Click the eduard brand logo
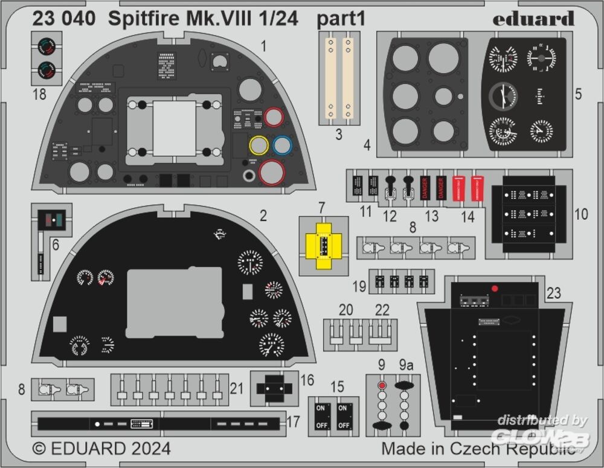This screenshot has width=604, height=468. [x=533, y=19]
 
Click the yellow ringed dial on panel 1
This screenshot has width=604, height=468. [x=259, y=146]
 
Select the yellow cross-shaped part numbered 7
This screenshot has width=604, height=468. [x=324, y=245]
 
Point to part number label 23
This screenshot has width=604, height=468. [x=553, y=293]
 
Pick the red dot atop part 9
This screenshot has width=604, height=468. [x=381, y=385]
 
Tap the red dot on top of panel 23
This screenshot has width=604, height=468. [x=495, y=288]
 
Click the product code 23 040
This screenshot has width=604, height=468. [x=63, y=19]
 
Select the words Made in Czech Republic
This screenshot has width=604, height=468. [x=477, y=449]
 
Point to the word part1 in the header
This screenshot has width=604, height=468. [x=341, y=19]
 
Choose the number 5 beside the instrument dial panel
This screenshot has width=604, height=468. [x=578, y=95]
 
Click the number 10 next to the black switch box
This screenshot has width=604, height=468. [x=580, y=214]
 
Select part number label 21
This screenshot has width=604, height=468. [x=237, y=389]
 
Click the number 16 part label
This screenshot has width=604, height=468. [x=307, y=380]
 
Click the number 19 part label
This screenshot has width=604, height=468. [x=359, y=286]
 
